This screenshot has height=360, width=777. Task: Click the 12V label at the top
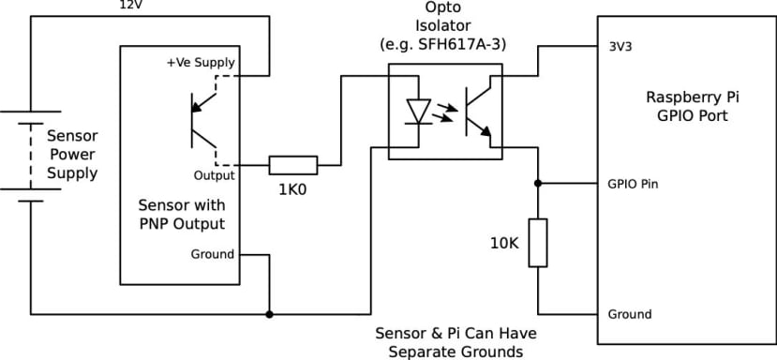(x=131, y=6)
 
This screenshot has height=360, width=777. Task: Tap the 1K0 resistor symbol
(x=293, y=166)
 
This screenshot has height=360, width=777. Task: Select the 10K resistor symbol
(x=538, y=243)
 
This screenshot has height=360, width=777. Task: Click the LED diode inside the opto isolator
(x=417, y=110)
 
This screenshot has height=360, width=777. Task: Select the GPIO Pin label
(x=632, y=184)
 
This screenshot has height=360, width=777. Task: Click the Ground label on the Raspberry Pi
(x=629, y=314)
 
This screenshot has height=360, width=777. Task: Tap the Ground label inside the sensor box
(x=212, y=254)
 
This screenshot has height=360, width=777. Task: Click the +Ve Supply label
(x=200, y=63)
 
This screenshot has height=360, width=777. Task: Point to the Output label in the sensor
(x=214, y=175)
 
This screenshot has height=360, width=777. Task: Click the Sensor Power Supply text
(x=72, y=154)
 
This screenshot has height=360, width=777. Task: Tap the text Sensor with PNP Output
(x=181, y=214)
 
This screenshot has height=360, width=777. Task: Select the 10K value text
(x=503, y=243)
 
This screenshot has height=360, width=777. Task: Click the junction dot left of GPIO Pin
(x=538, y=184)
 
